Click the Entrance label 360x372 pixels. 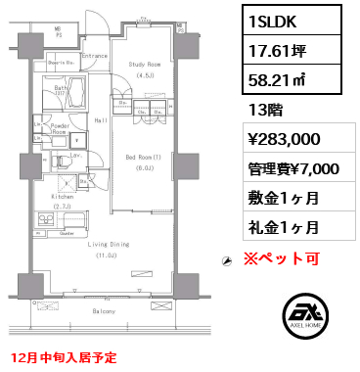pos(95,56)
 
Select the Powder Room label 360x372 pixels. pos(60,128)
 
